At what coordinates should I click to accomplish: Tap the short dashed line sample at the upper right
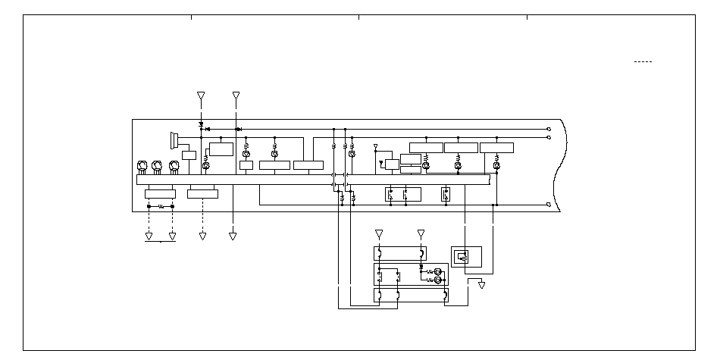point(643,61)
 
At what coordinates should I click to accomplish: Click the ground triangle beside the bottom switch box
point(481,286)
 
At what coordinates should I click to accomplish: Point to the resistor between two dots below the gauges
point(160,205)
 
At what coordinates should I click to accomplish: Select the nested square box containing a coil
point(461,256)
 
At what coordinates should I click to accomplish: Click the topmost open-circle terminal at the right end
point(549,129)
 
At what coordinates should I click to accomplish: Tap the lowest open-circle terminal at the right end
point(549,204)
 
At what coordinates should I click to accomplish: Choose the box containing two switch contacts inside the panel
point(398,193)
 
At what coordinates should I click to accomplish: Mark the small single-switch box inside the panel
point(446,193)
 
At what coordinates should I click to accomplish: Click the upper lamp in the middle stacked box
point(437,271)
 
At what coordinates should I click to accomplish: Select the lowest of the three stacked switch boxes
point(410,295)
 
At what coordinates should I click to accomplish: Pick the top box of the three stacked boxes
point(400,253)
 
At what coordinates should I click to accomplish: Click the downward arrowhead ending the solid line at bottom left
point(233,236)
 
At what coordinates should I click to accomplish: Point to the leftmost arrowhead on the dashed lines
point(149,236)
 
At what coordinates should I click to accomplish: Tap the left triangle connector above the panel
point(201,96)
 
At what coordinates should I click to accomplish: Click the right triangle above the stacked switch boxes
point(421,233)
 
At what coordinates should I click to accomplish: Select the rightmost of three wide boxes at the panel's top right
point(496,147)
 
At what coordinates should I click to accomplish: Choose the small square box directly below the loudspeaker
point(189,155)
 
